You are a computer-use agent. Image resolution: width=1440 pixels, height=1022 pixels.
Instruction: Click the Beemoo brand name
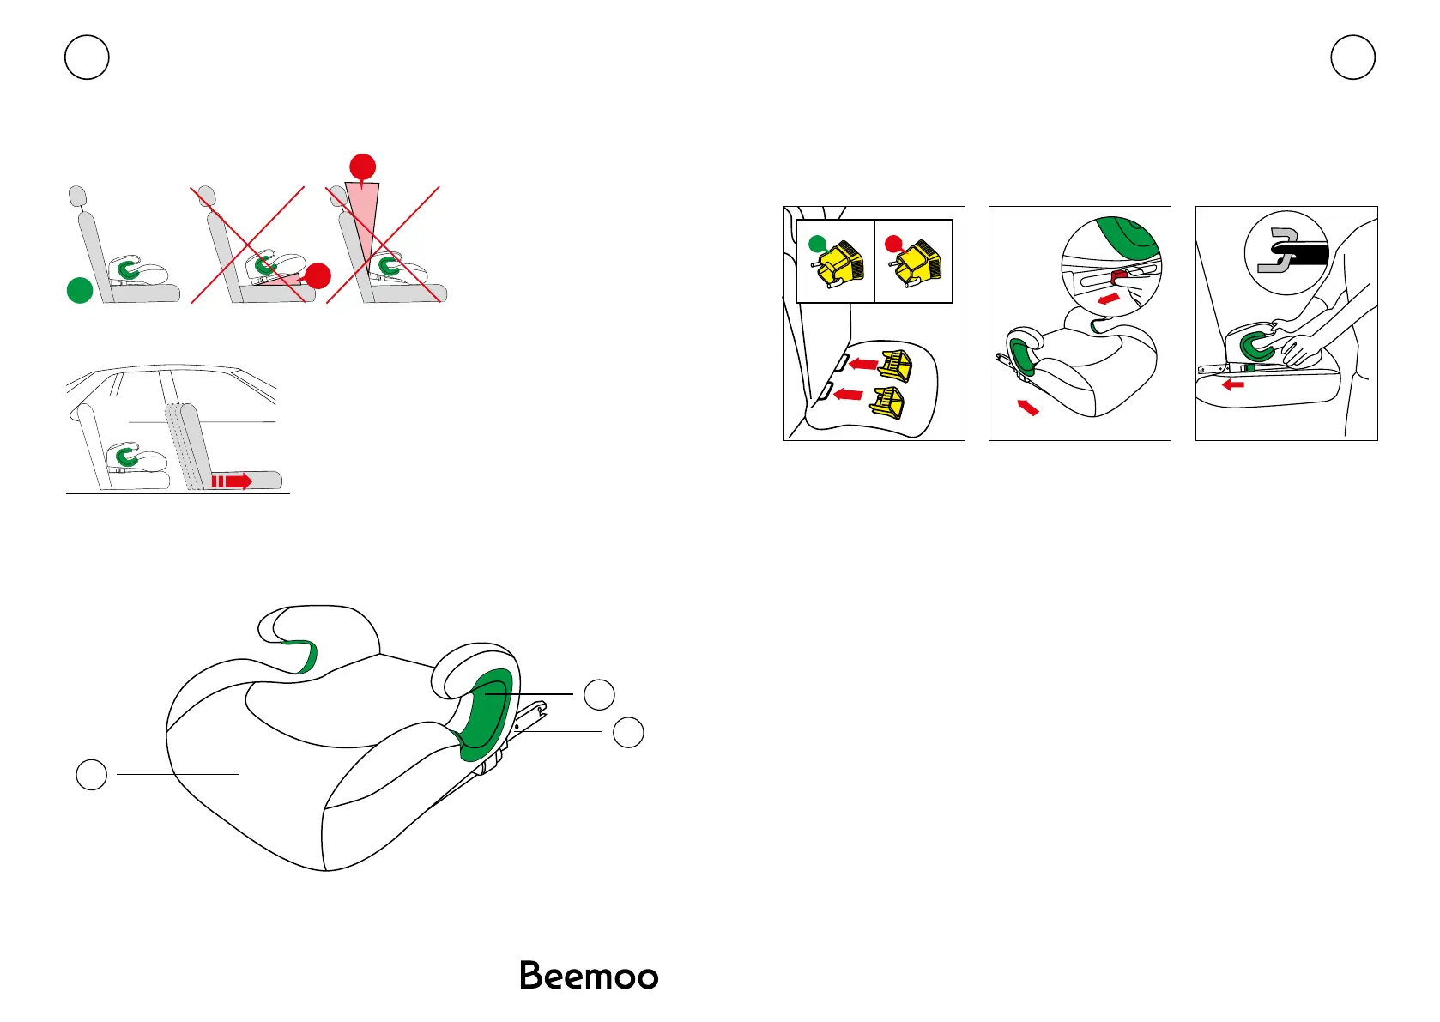pyautogui.click(x=589, y=977)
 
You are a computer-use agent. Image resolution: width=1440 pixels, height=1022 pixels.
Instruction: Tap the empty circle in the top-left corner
pyautogui.click(x=87, y=57)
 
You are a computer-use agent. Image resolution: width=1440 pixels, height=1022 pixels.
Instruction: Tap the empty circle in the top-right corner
pyautogui.click(x=1352, y=57)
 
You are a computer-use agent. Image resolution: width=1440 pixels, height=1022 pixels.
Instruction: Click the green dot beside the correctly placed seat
pyautogui.click(x=80, y=291)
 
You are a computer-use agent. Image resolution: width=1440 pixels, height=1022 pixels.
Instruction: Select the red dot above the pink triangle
pyautogui.click(x=363, y=166)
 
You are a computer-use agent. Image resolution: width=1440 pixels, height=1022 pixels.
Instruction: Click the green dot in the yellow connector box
pyautogui.click(x=818, y=243)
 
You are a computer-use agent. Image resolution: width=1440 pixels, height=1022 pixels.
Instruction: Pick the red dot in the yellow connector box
pyautogui.click(x=893, y=243)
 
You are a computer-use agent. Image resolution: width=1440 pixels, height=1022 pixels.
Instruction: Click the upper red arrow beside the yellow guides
pyautogui.click(x=863, y=364)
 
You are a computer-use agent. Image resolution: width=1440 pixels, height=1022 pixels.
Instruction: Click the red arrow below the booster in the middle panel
pyautogui.click(x=1027, y=407)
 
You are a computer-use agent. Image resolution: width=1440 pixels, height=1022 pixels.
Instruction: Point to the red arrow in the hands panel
pyautogui.click(x=1233, y=384)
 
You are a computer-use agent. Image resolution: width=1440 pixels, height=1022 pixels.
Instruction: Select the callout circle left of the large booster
pyautogui.click(x=92, y=774)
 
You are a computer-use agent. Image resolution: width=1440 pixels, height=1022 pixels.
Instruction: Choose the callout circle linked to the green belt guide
pyautogui.click(x=599, y=693)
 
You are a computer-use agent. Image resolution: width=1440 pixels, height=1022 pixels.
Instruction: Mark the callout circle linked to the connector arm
pyautogui.click(x=628, y=732)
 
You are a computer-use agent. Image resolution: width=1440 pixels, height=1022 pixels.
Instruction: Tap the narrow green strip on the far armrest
pyautogui.click(x=302, y=655)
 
